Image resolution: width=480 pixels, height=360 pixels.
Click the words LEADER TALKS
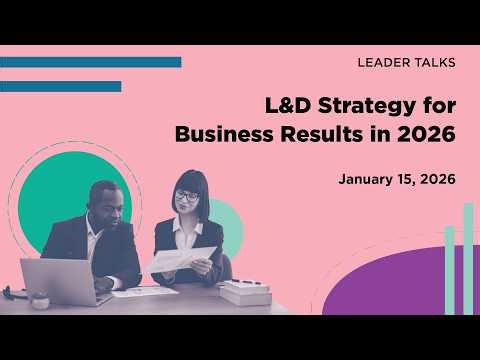tap(406, 63)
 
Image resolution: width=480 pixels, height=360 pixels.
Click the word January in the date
tap(367, 180)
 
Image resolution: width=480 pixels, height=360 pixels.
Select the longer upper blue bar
tap(90, 62)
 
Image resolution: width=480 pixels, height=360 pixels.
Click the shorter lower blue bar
tap(60, 86)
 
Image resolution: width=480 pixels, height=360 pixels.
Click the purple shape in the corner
tap(400, 285)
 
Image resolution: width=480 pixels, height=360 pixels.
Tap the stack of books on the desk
tap(243, 291)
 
